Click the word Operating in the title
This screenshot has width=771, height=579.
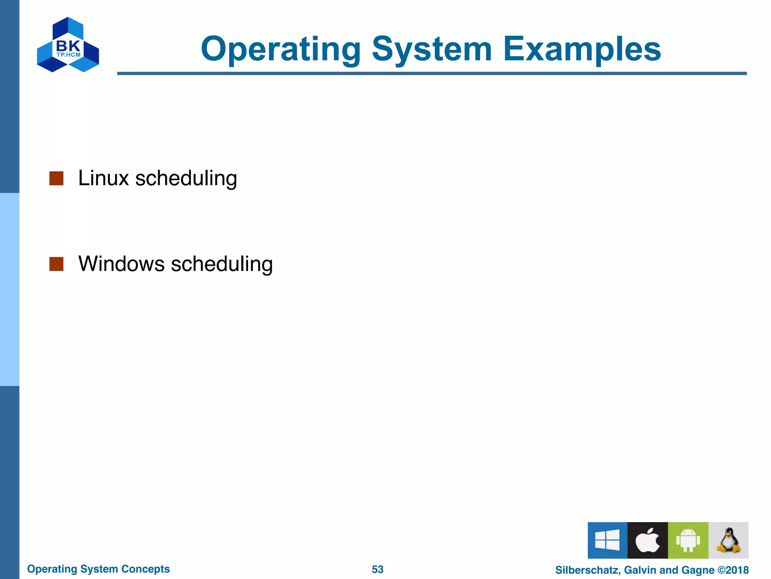click(280, 49)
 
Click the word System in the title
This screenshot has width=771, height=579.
click(432, 49)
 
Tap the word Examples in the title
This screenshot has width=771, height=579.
click(582, 49)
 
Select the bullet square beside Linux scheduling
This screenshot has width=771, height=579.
click(56, 179)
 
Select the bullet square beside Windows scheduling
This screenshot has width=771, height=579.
click(56, 264)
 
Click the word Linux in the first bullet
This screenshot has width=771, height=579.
click(104, 178)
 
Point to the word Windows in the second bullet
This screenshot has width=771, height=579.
click(121, 263)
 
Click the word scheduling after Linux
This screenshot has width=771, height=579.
click(186, 179)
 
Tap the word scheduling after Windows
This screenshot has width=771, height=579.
click(222, 264)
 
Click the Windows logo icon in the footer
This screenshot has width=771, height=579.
click(607, 540)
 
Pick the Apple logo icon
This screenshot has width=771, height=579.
click(648, 540)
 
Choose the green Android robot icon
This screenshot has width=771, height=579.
click(688, 540)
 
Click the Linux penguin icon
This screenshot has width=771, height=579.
click(728, 540)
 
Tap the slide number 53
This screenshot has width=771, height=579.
click(378, 569)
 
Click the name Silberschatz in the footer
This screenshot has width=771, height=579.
click(587, 570)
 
